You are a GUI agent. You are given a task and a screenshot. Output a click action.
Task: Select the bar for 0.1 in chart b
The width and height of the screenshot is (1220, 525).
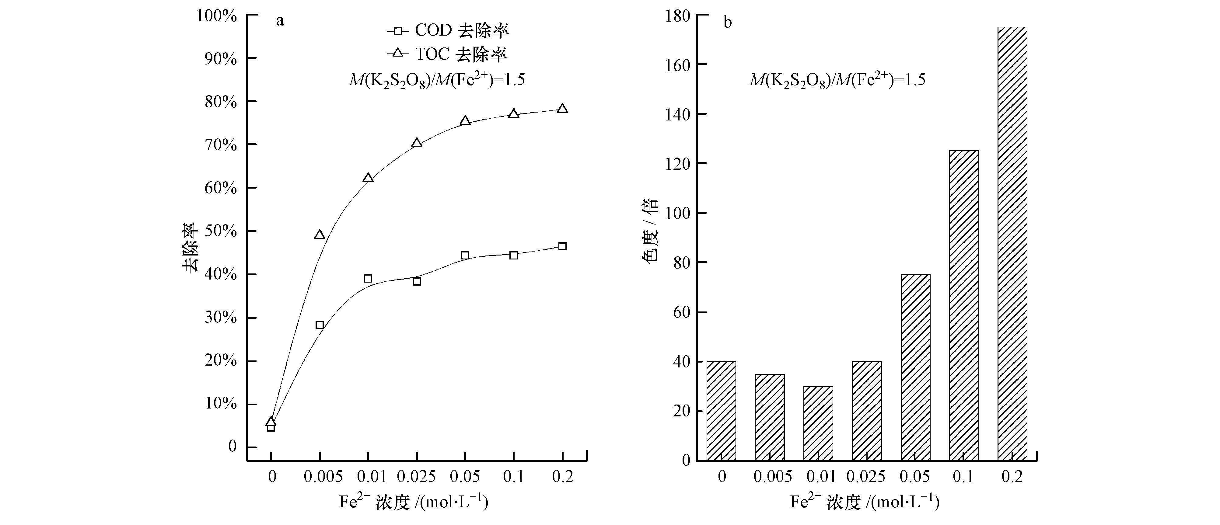(x=964, y=305)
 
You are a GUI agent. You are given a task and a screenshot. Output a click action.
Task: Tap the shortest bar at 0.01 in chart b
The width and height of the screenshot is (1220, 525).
(x=818, y=423)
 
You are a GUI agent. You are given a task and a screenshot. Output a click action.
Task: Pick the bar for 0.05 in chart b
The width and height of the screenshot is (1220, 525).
(x=915, y=367)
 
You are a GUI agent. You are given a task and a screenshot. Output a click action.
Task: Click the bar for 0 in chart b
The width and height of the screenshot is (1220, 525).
(x=721, y=411)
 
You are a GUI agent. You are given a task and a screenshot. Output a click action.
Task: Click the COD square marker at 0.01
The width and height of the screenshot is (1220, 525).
(x=368, y=278)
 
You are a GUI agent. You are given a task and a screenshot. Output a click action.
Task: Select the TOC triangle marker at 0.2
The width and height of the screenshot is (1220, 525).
(x=562, y=108)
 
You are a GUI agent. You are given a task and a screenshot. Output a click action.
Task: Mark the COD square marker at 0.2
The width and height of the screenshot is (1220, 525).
(x=562, y=246)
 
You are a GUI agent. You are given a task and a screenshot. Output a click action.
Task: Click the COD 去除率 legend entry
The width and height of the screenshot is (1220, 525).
(x=448, y=31)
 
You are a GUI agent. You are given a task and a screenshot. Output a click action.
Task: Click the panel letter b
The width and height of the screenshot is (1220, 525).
(x=728, y=22)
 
